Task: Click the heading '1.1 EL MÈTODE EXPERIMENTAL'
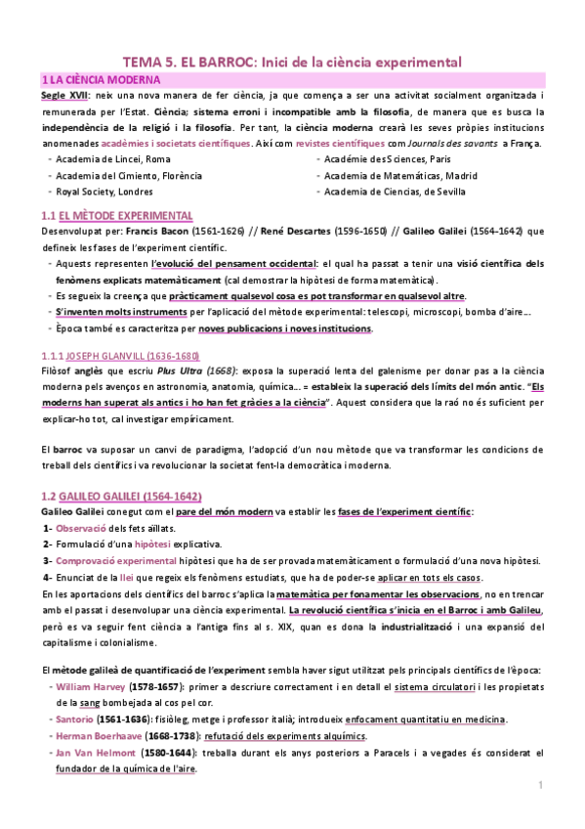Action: pos(116,215)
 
